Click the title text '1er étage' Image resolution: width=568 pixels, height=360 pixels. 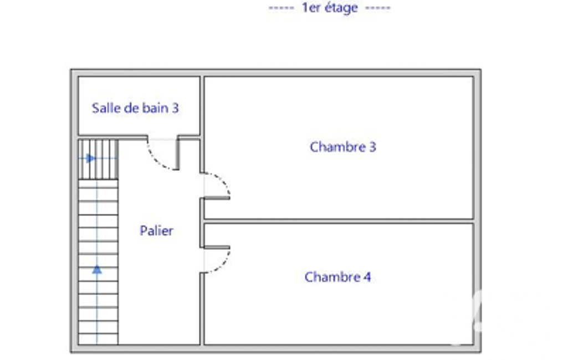[330, 8]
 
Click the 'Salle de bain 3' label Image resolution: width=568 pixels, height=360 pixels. [135, 108]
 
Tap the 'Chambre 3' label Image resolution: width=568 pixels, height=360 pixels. [342, 147]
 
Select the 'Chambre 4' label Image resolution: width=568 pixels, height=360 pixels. [337, 277]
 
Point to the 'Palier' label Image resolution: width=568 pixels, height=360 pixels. [156, 231]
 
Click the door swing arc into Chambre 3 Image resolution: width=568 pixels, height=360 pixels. [224, 180]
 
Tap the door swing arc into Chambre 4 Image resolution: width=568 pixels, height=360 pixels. [224, 264]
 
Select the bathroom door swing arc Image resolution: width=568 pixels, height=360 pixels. [155, 160]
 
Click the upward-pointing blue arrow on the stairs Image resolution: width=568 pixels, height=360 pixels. [97, 270]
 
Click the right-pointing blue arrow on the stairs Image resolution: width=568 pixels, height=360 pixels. [90, 158]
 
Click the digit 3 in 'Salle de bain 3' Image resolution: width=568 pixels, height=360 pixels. [175, 108]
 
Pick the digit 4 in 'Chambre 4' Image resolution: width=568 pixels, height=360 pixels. [367, 277]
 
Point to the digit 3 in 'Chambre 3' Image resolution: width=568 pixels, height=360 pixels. [372, 147]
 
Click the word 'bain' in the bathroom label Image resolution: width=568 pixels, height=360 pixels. [155, 108]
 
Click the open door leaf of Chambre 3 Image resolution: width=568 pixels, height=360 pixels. [217, 198]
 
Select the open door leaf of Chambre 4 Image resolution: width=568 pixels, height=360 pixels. [217, 248]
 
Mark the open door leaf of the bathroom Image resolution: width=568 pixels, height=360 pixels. [177, 153]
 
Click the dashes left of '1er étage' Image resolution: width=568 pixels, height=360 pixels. [281, 8]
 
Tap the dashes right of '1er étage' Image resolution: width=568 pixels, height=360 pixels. [378, 8]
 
